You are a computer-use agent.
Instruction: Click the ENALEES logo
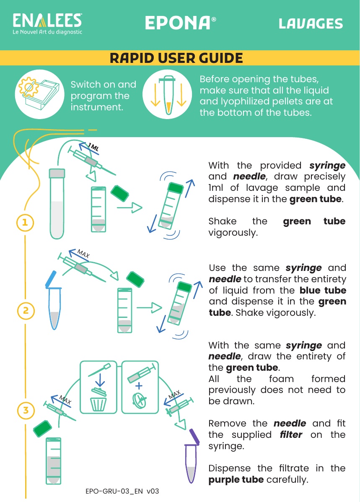47,23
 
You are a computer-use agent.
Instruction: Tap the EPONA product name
181,23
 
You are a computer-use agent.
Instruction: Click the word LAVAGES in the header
311,23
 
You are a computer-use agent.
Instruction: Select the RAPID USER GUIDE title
176,58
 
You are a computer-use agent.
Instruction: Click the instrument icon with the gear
39,94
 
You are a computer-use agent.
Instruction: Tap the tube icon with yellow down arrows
167,94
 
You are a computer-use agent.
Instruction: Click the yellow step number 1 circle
25,222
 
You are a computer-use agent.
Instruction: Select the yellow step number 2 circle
26,310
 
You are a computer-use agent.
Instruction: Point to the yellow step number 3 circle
26,410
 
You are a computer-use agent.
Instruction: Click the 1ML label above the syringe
93,148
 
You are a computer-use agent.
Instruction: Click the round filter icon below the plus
140,400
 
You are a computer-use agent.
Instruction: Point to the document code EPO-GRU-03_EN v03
122,491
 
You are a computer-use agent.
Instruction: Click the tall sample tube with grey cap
57,204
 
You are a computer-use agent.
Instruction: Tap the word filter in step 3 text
291,434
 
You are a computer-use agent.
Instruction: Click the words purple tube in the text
236,480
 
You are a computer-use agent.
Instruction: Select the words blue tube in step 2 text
323,290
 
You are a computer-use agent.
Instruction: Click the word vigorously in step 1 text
233,233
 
